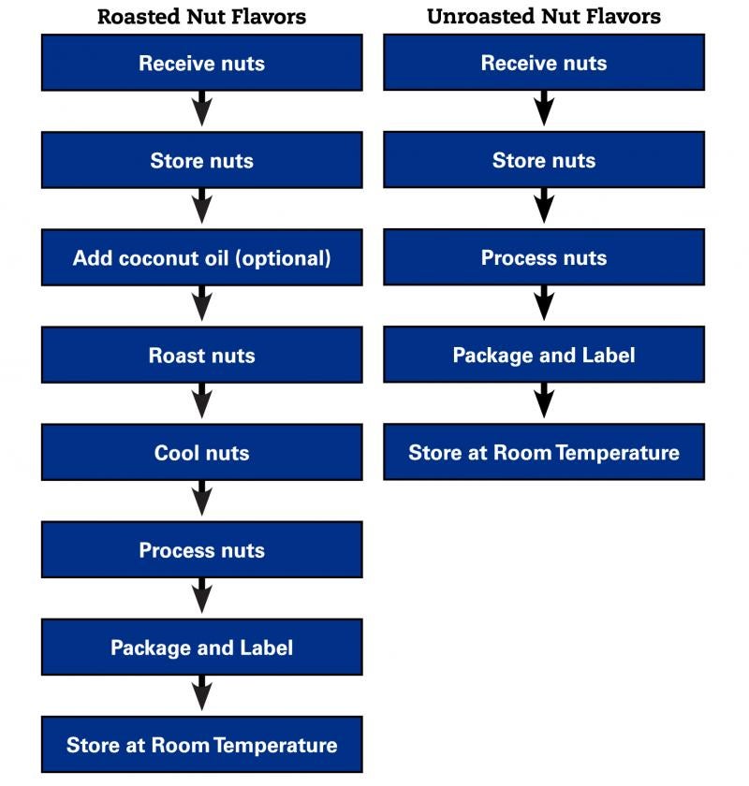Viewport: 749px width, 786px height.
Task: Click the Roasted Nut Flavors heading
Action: click(x=201, y=17)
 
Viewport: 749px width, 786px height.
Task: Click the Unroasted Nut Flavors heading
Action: click(x=543, y=17)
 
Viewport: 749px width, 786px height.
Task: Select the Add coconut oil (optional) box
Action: click(x=201, y=257)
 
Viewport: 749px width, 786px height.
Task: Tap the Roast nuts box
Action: click(x=201, y=356)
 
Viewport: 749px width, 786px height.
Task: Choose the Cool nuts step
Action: click(x=201, y=453)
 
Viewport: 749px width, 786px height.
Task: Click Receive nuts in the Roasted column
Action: click(x=201, y=63)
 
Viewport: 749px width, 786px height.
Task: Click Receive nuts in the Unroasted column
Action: click(x=543, y=63)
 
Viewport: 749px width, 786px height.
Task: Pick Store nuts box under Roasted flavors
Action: click(x=201, y=160)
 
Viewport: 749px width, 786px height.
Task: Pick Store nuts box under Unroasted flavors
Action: click(x=543, y=160)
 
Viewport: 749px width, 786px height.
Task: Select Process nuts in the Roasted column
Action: click(x=201, y=550)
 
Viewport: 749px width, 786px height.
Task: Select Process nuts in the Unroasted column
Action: click(x=543, y=257)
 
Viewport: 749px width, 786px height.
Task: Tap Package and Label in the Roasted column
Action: click(x=201, y=648)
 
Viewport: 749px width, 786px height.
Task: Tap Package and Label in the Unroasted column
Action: click(x=543, y=356)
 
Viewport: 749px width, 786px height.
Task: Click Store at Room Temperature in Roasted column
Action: click(x=201, y=745)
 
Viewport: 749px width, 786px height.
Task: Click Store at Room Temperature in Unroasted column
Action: click(x=543, y=453)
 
